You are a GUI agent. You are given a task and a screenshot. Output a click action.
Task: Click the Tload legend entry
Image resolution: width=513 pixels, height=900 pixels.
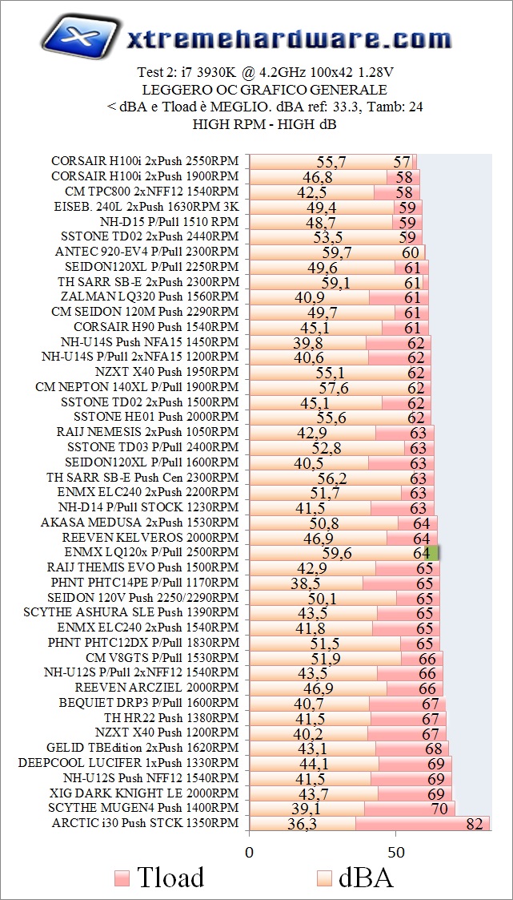pos(159,877)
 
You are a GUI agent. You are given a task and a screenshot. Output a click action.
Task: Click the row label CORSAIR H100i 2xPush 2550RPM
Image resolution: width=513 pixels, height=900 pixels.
pos(145,161)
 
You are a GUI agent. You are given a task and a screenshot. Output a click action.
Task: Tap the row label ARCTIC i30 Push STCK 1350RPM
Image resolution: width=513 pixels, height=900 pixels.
pos(145,823)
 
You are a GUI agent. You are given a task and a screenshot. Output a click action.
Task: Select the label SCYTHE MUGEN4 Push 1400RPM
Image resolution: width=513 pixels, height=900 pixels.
pos(143,808)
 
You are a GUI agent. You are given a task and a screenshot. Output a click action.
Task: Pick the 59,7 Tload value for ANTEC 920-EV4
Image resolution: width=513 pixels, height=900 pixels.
pos(337,252)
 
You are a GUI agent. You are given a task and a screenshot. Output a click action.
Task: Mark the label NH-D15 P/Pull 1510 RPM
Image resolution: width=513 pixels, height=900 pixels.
pos(169,221)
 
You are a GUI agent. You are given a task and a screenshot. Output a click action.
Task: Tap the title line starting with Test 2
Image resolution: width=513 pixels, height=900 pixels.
pos(265,72)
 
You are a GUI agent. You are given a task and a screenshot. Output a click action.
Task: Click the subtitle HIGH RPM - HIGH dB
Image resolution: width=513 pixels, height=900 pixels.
pos(264,124)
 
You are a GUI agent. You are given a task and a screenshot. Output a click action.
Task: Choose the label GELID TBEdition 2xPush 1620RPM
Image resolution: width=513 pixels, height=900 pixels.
pos(142,748)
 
